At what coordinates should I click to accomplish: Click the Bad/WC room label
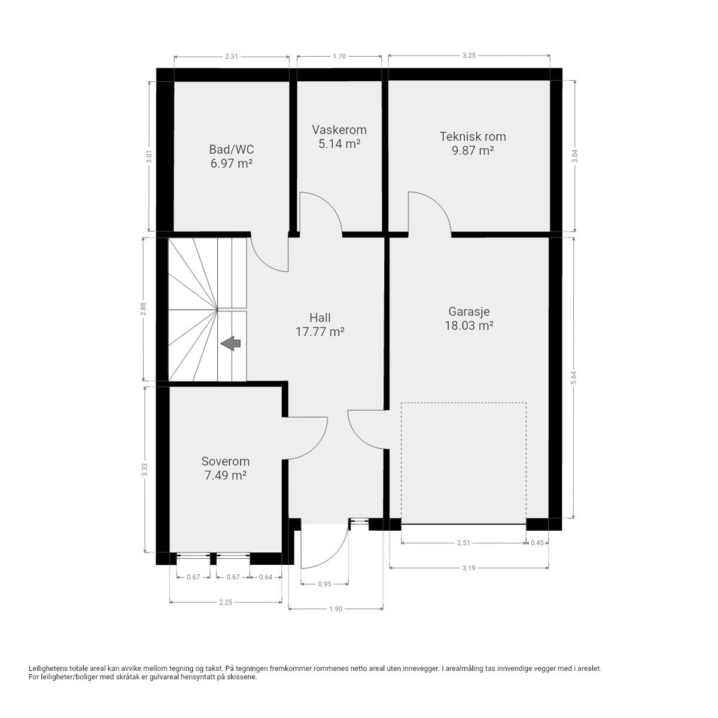231,149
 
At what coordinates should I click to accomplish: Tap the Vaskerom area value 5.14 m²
339,144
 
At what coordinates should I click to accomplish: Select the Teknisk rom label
472,136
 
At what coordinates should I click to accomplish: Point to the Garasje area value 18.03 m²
469,325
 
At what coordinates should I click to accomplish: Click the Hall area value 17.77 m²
320,331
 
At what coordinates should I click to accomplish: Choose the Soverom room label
225,461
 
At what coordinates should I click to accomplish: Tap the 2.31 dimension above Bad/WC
232,57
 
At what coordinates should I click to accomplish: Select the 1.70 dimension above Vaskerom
339,57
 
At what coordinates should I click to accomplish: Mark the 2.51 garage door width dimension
463,543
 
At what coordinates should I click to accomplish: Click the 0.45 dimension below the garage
537,543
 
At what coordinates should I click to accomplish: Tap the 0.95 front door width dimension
324,584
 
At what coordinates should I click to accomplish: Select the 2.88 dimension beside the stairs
143,309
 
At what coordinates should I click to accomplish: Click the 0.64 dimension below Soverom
265,577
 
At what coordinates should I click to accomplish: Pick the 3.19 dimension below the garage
469,568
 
